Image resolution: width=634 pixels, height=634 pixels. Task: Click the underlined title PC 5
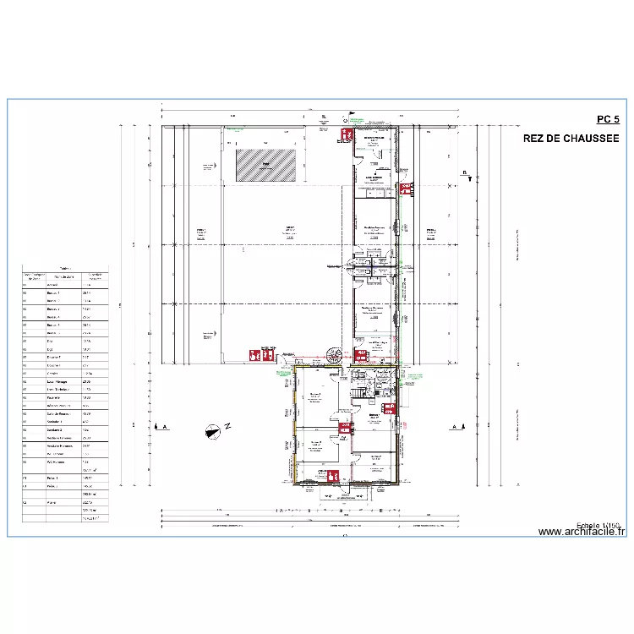tap(608, 120)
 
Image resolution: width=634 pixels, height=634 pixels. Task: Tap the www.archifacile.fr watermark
tap(581, 532)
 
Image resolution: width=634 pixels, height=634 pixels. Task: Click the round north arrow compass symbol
tap(211, 432)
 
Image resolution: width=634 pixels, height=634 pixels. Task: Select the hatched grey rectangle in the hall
tap(266, 163)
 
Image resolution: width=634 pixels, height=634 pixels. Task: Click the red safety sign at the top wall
tap(345, 134)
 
